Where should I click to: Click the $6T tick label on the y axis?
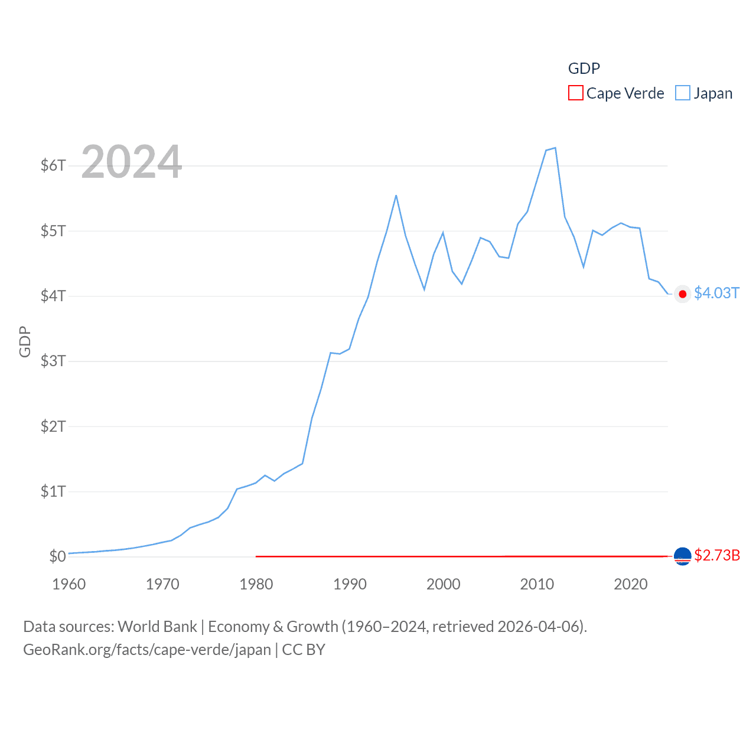coord(53,165)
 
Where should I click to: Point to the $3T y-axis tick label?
coord(53,361)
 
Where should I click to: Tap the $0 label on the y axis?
coord(57,556)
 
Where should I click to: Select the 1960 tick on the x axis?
coord(69,584)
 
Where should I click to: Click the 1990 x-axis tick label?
coord(350,584)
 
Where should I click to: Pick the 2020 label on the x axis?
coord(631,584)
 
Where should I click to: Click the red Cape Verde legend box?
coord(576,93)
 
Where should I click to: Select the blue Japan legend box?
coord(683,93)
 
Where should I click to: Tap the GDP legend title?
coord(584,69)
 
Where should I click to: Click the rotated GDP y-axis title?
coord(25,341)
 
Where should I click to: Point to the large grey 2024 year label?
coord(132,162)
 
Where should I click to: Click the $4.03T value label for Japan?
coord(716,293)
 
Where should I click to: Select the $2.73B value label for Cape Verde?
coord(717,555)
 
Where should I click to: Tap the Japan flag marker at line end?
coord(683,294)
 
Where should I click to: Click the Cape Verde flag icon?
coord(683,556)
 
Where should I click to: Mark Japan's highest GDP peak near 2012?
coord(555,148)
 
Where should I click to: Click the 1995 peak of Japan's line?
coord(396,195)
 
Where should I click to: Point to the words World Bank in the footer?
coord(157,626)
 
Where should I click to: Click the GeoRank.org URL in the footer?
coord(147,650)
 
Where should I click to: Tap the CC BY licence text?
coord(304,650)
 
